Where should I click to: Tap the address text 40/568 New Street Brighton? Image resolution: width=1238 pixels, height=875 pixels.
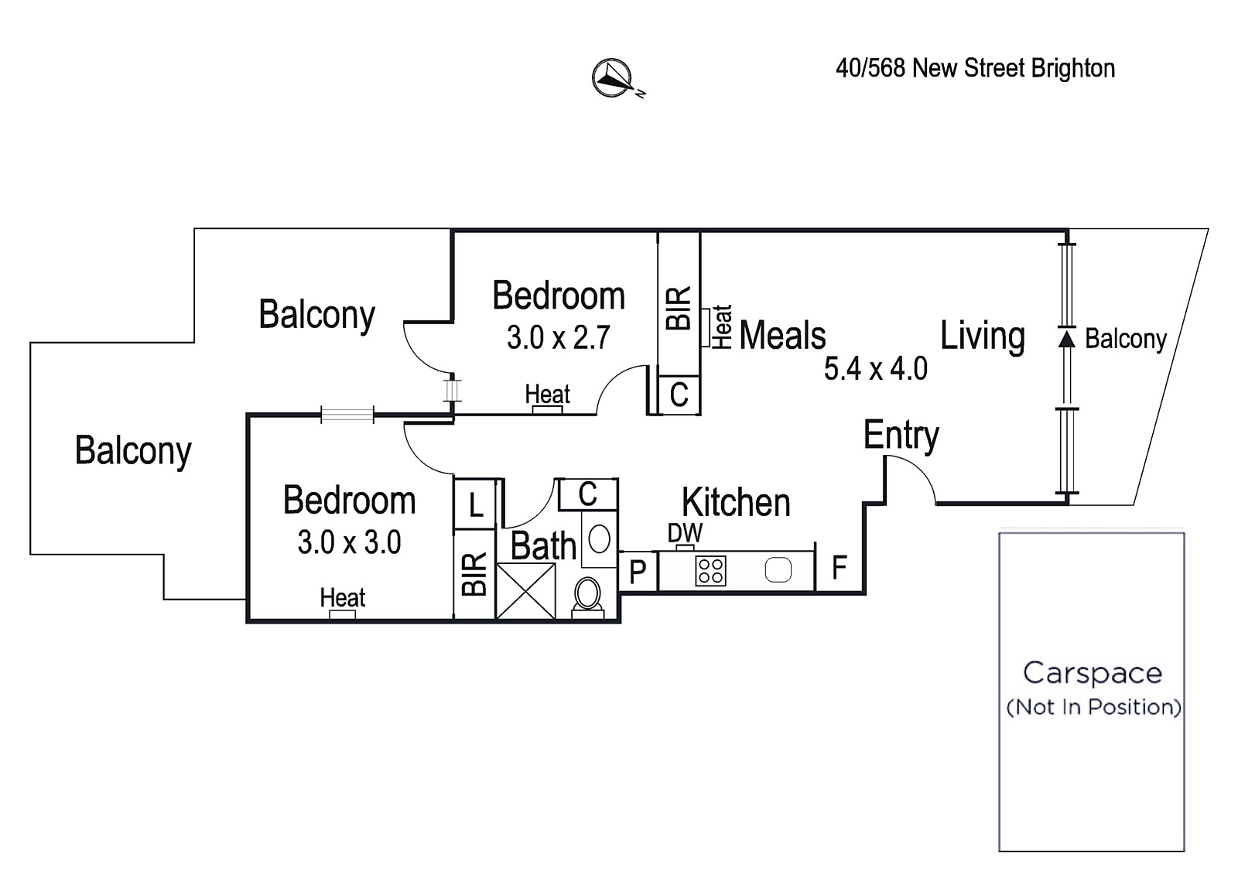975,69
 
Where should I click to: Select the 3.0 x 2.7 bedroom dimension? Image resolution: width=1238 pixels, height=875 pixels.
558,337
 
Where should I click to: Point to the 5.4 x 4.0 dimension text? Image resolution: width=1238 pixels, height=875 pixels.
875,368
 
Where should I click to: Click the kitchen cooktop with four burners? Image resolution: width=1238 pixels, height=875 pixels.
710,571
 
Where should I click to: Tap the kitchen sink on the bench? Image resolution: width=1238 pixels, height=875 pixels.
778,570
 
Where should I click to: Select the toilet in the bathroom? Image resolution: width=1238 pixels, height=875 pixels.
587,597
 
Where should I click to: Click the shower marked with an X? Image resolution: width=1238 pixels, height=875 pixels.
525,591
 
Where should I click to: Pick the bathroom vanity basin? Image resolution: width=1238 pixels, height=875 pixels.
599,538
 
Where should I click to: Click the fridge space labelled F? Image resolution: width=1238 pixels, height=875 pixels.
839,567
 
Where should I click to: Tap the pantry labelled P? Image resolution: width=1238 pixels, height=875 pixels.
638,572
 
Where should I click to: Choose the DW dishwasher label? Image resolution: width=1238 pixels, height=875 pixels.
685,533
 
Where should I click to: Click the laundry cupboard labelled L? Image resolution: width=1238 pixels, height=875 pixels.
475,504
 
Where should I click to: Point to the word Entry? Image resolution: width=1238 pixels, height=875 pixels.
901,436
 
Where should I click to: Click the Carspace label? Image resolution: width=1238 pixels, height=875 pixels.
1092,673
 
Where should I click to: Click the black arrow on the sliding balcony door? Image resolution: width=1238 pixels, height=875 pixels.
1067,338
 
